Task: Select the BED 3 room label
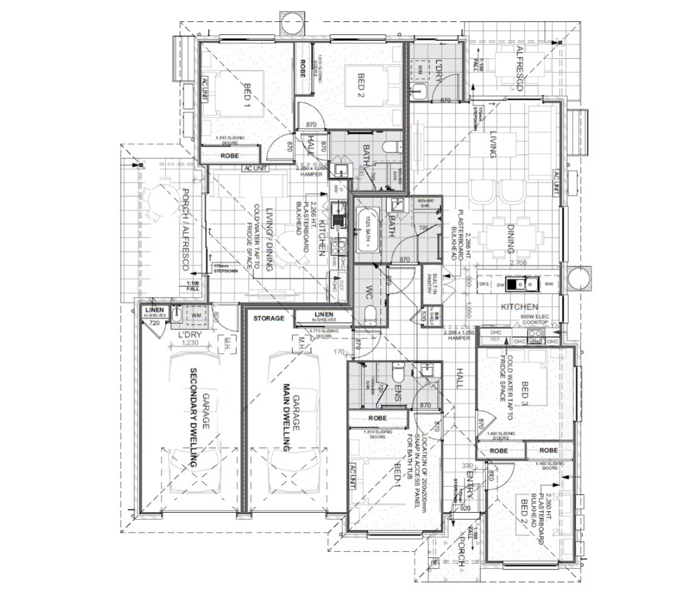[525, 394]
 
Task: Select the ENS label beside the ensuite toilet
[397, 394]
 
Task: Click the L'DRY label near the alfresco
[440, 71]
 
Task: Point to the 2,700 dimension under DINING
[517, 262]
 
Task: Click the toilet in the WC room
[369, 314]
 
